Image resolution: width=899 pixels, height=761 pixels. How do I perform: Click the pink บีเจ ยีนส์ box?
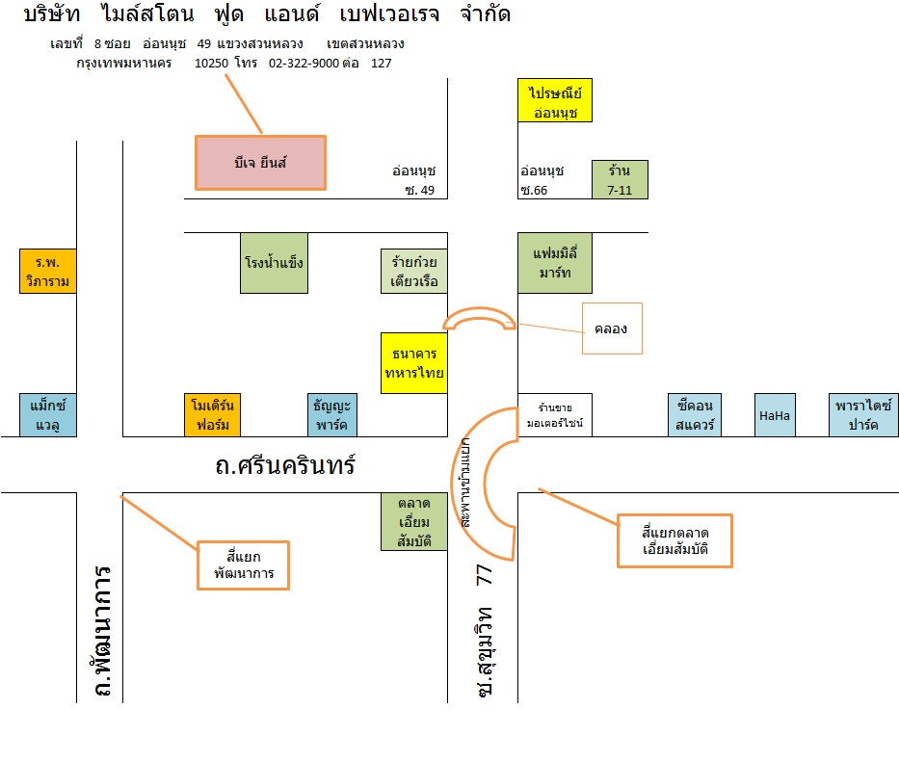click(x=260, y=162)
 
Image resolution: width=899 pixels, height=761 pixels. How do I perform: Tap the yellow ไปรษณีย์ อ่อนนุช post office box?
click(x=555, y=101)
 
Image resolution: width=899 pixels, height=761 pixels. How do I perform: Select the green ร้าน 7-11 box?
click(x=620, y=179)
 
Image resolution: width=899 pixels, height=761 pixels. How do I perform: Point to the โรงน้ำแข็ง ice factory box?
click(x=274, y=262)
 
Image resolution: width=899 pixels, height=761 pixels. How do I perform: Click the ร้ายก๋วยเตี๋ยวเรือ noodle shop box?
click(x=414, y=272)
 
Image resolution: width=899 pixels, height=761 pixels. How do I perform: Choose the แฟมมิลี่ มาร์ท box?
click(x=554, y=262)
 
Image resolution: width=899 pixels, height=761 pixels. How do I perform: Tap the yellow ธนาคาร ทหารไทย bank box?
click(x=414, y=363)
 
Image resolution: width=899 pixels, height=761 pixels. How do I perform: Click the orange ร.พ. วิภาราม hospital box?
click(x=47, y=271)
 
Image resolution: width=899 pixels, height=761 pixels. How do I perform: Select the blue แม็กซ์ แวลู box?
click(x=47, y=414)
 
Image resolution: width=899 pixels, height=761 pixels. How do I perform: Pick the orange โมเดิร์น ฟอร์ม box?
click(x=212, y=414)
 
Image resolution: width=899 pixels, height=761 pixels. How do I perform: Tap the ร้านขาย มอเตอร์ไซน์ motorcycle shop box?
click(x=555, y=414)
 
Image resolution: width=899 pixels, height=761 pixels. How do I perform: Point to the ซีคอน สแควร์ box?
click(x=696, y=414)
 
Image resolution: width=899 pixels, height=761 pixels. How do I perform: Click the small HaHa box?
click(x=775, y=414)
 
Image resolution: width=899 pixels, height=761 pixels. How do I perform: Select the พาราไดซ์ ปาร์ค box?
click(x=862, y=414)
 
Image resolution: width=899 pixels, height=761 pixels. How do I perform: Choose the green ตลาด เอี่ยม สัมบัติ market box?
click(x=414, y=521)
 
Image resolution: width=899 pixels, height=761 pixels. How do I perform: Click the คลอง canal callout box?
click(x=611, y=328)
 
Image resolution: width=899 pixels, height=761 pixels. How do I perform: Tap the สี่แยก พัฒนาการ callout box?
click(x=244, y=564)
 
